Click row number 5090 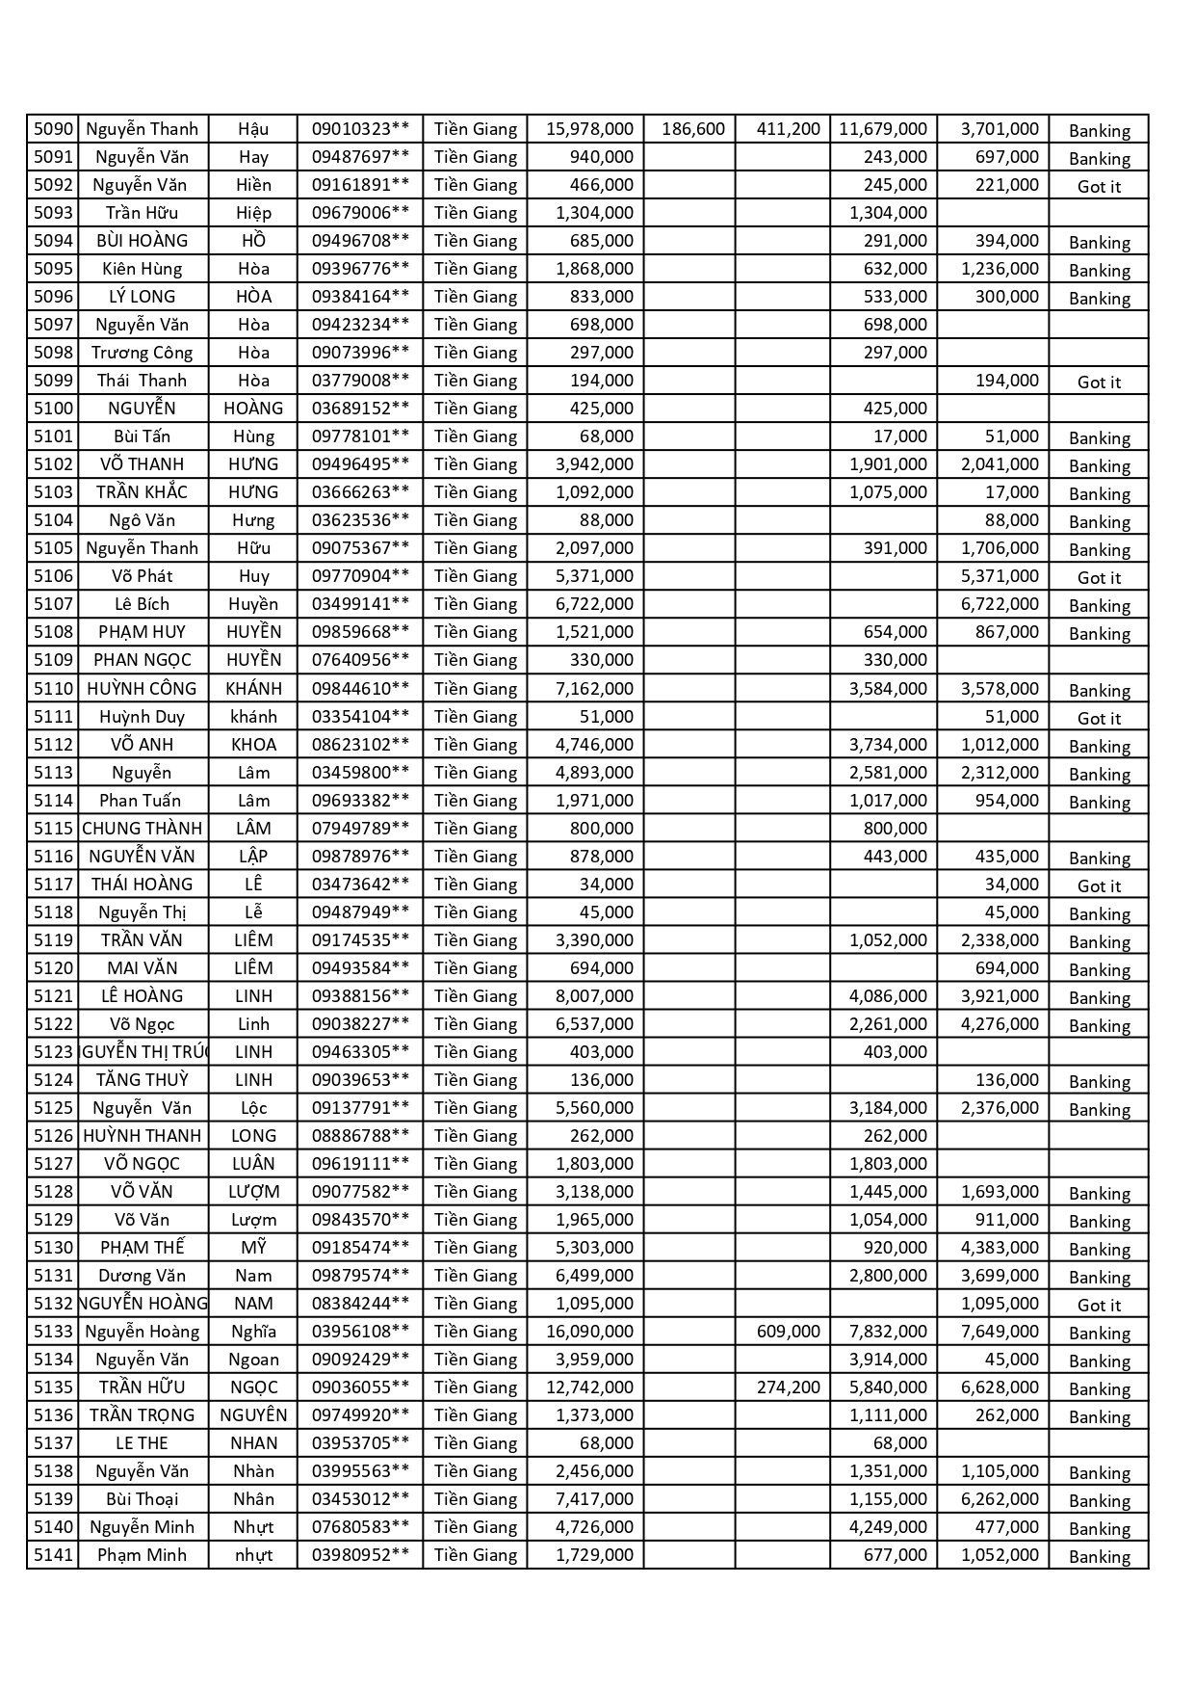(53, 129)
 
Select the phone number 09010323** (360, 129)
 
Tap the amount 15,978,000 (589, 129)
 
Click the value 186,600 (693, 129)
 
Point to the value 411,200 (788, 129)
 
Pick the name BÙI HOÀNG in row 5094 (143, 241)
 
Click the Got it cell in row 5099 (1099, 383)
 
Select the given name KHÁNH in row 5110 (253, 689)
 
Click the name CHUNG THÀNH (143, 829)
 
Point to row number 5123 (53, 1052)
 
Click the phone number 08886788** (360, 1136)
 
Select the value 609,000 (788, 1332)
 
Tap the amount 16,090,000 (589, 1332)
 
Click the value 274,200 (788, 1387)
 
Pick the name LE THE (143, 1443)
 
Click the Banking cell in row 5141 (1099, 1557)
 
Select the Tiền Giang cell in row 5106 (476, 576)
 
